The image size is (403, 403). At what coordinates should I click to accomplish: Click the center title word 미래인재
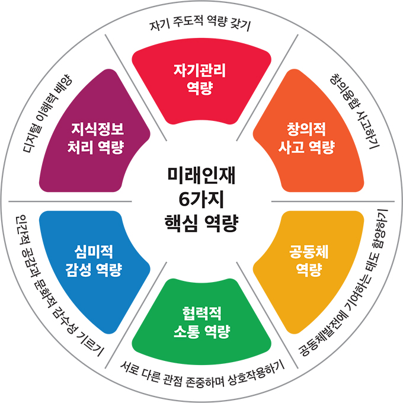tap(201, 175)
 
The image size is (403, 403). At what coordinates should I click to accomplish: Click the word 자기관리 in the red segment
tap(201, 70)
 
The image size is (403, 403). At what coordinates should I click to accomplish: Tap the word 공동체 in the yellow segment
tap(309, 252)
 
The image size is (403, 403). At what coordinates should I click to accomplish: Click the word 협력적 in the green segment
tap(201, 312)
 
